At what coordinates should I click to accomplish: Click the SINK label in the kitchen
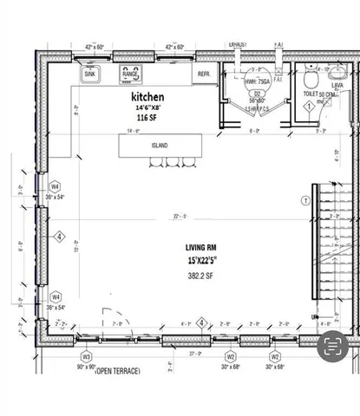point(89,75)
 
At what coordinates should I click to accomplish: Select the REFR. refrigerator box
point(205,75)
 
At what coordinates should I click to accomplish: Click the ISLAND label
point(159,145)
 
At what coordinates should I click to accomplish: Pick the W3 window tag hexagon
point(86,355)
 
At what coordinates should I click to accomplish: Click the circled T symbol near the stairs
point(304,200)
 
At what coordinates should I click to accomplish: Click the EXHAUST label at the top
point(239,42)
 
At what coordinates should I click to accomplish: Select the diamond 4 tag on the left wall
point(59,235)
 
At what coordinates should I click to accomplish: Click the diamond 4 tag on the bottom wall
point(201,323)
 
